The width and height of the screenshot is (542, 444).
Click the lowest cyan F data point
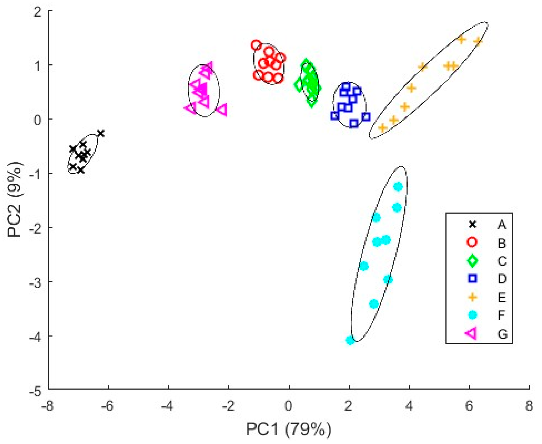(x=350, y=340)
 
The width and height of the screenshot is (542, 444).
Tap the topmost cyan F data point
(x=398, y=187)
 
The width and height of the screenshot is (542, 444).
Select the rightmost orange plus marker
(x=478, y=41)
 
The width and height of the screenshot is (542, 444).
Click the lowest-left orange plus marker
(x=383, y=128)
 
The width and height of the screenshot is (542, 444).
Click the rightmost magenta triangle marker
(x=222, y=110)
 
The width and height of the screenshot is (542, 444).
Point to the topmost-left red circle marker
(x=256, y=45)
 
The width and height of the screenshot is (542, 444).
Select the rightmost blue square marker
(x=366, y=117)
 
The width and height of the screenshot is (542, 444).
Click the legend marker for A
(x=472, y=225)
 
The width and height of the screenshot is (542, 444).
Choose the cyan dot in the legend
(x=472, y=315)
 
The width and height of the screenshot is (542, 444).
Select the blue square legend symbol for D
(x=472, y=278)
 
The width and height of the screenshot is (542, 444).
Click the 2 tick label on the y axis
(x=38, y=12)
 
